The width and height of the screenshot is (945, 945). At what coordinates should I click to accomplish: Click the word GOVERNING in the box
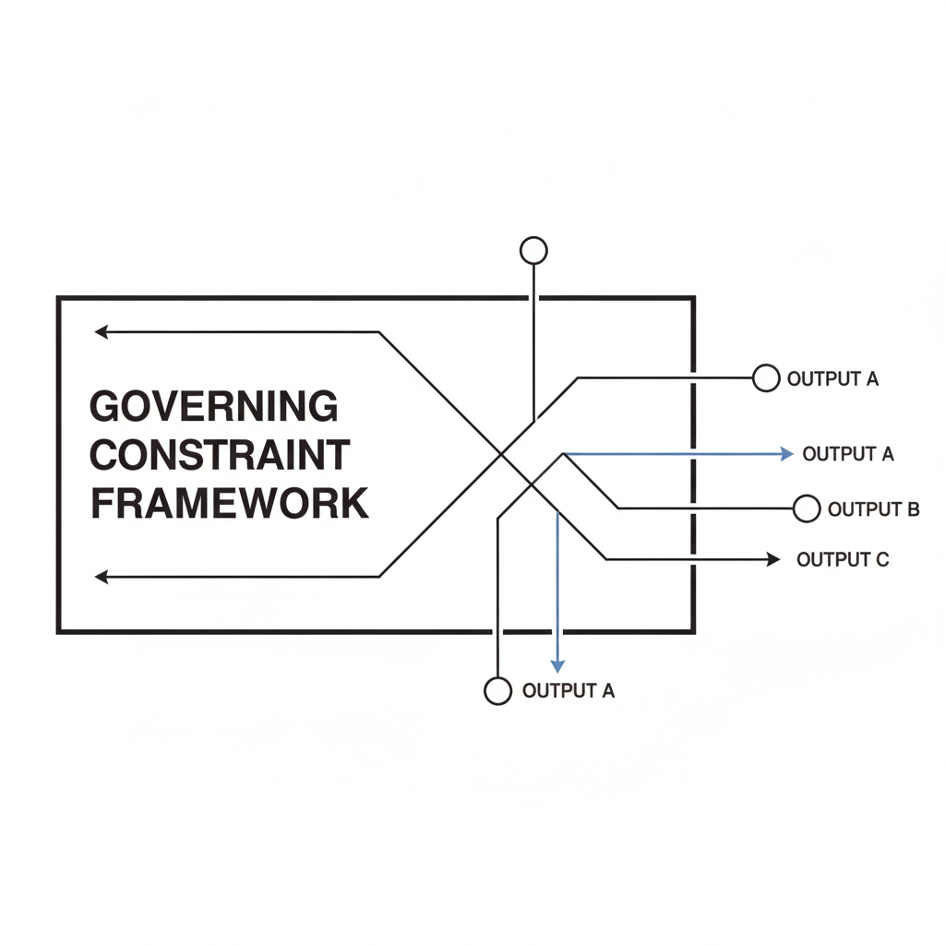[214, 407]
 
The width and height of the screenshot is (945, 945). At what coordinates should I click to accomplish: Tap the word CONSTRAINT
[221, 455]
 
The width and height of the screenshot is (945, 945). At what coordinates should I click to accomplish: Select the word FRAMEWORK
[230, 504]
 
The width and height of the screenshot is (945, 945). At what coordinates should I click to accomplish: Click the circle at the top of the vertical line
[533, 250]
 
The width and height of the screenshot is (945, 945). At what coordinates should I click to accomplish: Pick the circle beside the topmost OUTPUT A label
[766, 377]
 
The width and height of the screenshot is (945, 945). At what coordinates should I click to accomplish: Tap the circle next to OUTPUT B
[807, 508]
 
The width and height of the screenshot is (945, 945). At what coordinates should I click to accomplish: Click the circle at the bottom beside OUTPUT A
[497, 690]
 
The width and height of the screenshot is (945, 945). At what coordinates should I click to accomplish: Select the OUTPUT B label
[873, 509]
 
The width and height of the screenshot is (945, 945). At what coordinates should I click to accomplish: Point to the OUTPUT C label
[843, 559]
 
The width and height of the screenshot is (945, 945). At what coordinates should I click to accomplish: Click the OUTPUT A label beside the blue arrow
[848, 454]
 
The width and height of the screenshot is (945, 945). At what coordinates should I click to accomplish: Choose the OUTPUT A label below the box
[568, 691]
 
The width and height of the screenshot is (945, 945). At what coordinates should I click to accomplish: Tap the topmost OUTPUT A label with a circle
[832, 378]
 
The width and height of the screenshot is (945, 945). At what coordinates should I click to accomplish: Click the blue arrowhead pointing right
[787, 453]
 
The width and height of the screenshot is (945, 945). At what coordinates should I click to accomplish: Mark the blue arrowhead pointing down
[557, 665]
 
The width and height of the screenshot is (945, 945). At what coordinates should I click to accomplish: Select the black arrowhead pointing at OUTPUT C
[774, 559]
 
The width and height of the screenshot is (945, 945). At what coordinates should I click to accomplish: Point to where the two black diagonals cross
[501, 454]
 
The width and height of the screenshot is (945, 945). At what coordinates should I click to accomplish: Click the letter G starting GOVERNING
[108, 407]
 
